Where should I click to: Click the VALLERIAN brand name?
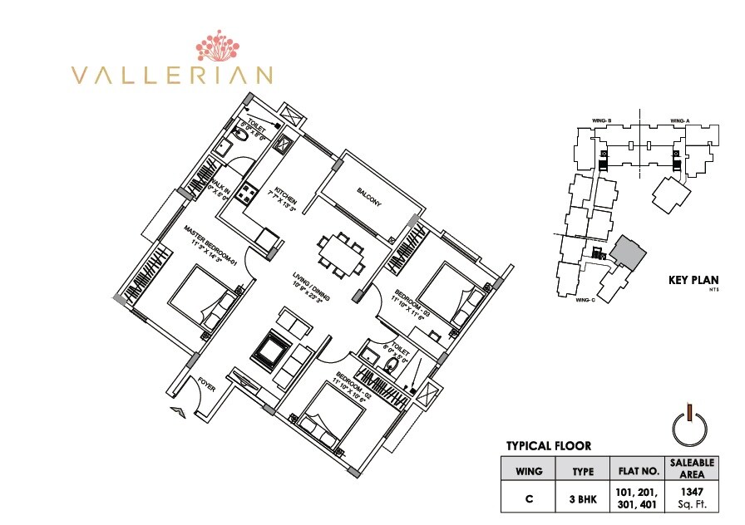tap(172, 75)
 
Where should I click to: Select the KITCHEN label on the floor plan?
tap(283, 193)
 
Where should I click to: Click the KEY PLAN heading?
tap(693, 280)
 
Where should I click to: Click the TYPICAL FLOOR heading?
tap(549, 446)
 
